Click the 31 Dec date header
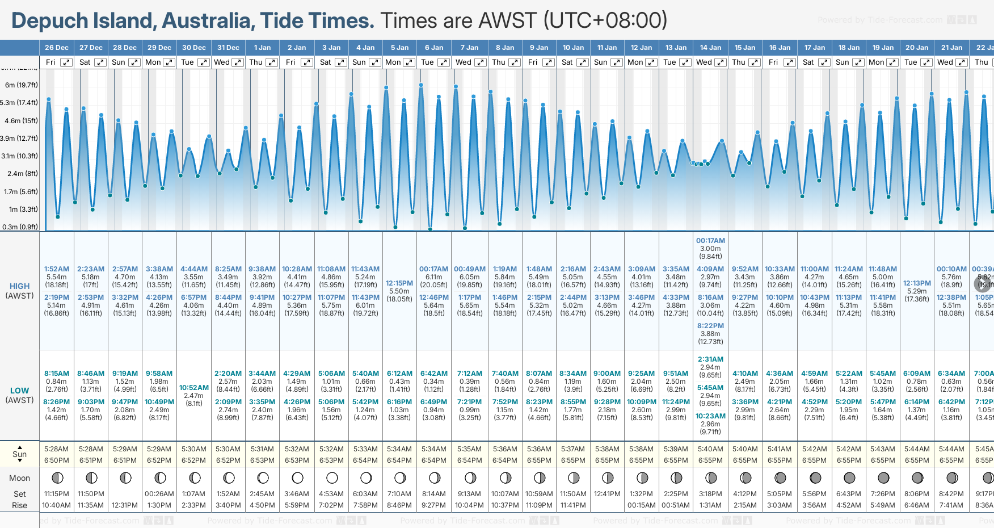click(228, 48)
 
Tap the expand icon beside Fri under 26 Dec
click(66, 62)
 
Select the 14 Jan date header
click(710, 48)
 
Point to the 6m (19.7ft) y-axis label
click(22, 85)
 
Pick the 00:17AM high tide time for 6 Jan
click(433, 269)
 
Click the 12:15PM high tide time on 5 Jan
click(399, 283)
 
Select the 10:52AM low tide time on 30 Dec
click(194, 388)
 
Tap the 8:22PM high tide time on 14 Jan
click(710, 326)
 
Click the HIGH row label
click(19, 287)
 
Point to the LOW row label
click(19, 391)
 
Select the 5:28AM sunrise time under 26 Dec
click(56, 449)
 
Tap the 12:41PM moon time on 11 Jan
click(607, 494)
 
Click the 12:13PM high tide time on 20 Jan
click(917, 283)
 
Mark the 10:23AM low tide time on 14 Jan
click(710, 416)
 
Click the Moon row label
click(19, 478)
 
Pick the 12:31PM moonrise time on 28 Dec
click(125, 505)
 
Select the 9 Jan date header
click(539, 48)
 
